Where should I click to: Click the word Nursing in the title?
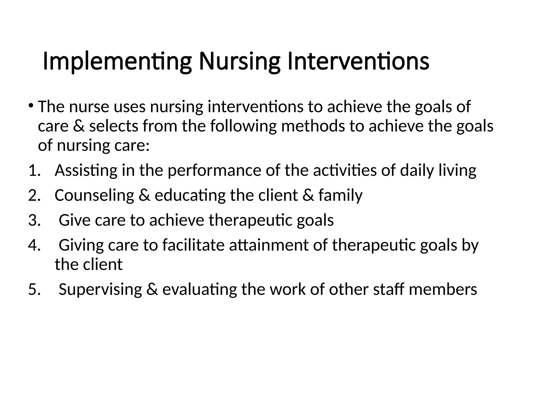click(239, 62)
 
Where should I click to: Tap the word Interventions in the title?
click(358, 62)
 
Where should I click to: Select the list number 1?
click(34, 171)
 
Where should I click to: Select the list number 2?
click(34, 195)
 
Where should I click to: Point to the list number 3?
click(34, 220)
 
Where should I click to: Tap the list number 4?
click(34, 245)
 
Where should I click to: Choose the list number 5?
click(34, 289)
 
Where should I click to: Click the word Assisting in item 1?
click(86, 171)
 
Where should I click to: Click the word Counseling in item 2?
click(94, 195)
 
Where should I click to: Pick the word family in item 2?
click(340, 195)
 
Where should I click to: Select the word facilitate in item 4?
click(193, 245)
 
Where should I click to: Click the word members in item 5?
click(443, 289)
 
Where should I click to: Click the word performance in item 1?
click(214, 171)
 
